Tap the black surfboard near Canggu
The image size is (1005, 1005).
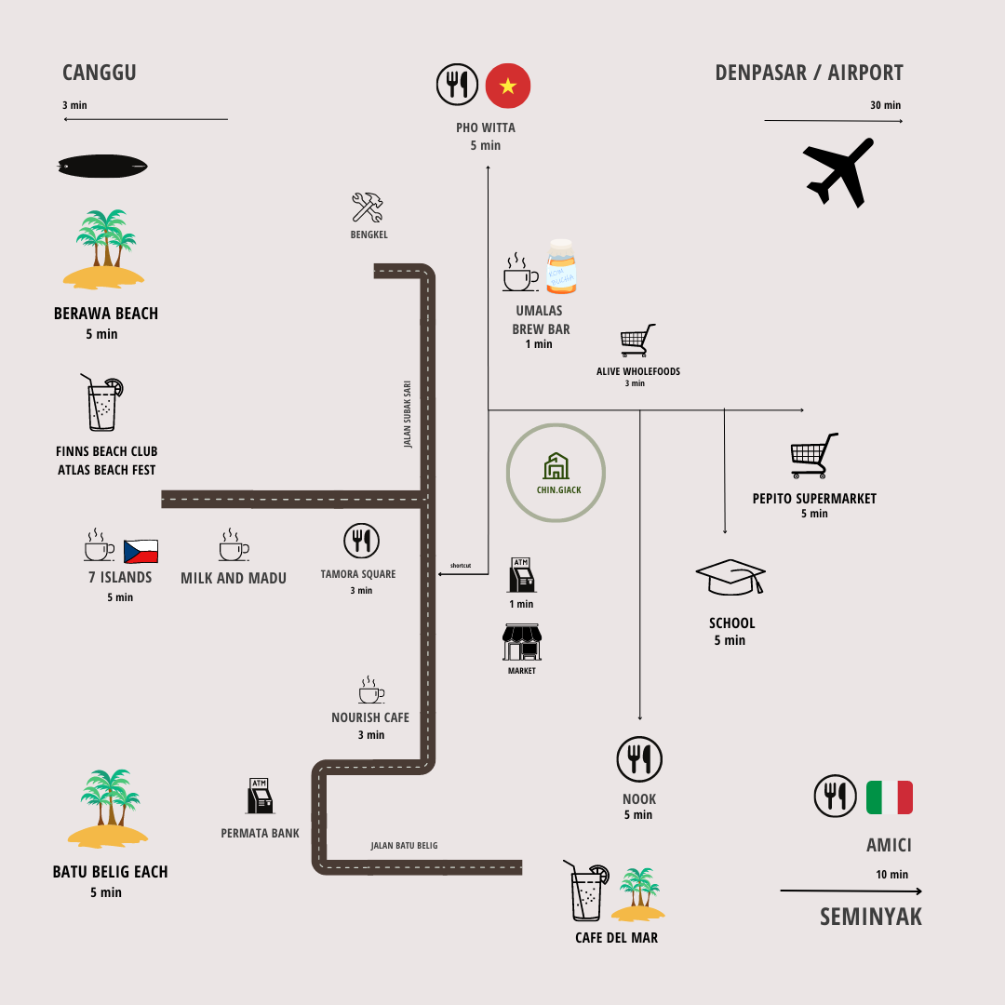click(x=102, y=166)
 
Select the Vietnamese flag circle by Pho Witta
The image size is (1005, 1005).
click(x=508, y=86)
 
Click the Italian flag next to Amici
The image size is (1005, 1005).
click(x=889, y=797)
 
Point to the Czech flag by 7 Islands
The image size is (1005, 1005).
click(x=141, y=551)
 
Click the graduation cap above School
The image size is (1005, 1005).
click(x=730, y=577)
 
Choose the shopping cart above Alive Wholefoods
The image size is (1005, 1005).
click(x=638, y=341)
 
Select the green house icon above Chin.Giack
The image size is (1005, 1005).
click(x=556, y=466)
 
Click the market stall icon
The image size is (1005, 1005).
click(x=521, y=643)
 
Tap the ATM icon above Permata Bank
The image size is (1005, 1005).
click(x=261, y=797)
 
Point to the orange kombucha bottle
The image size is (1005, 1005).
click(x=561, y=266)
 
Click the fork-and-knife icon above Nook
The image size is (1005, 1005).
click(x=639, y=758)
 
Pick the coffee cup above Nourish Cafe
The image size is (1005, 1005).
click(x=370, y=690)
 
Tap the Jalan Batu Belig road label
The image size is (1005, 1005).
click(x=404, y=846)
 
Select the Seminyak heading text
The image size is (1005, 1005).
click(x=871, y=917)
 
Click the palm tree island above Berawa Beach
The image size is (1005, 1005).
click(x=104, y=247)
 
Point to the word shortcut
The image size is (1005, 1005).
click(x=461, y=566)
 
